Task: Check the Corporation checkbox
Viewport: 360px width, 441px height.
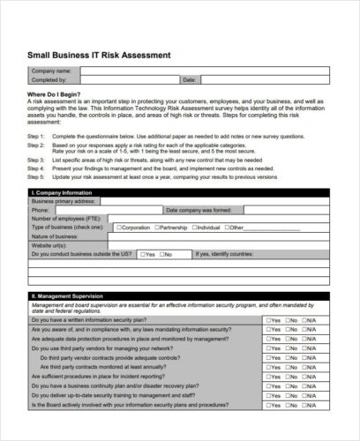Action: pyautogui.click(x=117, y=228)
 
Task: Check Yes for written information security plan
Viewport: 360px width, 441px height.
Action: pyautogui.click(x=266, y=319)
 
